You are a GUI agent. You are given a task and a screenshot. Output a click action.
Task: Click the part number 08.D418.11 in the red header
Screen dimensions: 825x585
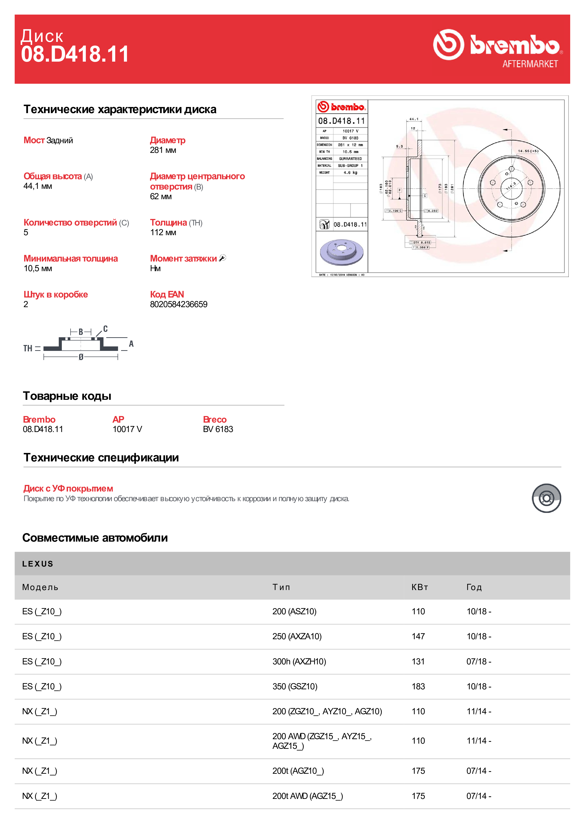(x=75, y=54)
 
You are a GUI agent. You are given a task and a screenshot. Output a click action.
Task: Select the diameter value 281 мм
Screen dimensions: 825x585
(x=163, y=150)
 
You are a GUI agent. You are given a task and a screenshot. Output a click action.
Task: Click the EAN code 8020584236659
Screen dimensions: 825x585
(x=179, y=304)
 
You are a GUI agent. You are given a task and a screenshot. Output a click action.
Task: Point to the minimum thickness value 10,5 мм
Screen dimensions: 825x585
(x=38, y=268)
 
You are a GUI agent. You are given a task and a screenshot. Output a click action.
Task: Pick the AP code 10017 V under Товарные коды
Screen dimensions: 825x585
(x=127, y=429)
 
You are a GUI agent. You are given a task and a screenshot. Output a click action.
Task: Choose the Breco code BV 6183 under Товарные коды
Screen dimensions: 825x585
(x=218, y=429)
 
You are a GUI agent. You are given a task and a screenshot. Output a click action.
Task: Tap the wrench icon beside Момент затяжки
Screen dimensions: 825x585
(x=223, y=258)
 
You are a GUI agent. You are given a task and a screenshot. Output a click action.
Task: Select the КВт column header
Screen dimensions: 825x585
(x=420, y=587)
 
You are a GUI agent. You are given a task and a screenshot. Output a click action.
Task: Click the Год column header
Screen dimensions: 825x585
(x=474, y=587)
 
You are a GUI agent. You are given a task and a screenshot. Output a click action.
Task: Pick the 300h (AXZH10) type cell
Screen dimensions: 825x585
(x=299, y=662)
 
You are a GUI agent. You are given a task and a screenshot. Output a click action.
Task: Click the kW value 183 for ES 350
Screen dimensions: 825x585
(x=418, y=686)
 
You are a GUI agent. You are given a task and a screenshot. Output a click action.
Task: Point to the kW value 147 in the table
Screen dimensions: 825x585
(x=418, y=636)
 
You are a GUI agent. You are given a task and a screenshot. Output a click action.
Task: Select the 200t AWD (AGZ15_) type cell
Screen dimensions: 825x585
(x=307, y=796)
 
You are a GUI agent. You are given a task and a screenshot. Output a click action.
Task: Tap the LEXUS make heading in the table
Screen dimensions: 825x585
(x=37, y=564)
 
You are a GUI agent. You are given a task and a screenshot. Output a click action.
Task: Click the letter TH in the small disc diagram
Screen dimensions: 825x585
(x=28, y=348)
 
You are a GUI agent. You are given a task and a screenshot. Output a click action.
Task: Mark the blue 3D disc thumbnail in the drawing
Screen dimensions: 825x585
(x=341, y=252)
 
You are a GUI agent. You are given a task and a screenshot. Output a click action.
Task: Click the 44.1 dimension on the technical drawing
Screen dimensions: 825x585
(x=414, y=119)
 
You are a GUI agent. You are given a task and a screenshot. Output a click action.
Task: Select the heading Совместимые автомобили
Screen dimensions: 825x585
(x=95, y=538)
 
